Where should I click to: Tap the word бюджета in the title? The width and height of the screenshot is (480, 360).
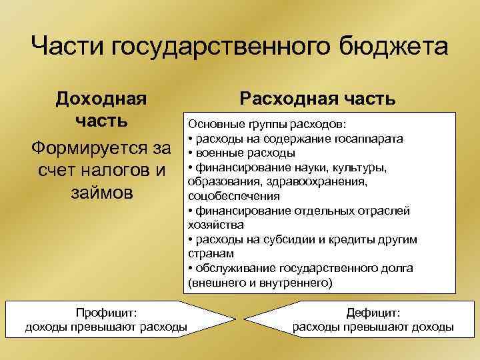tap(393, 47)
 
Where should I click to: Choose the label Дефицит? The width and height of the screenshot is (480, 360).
tap(373, 313)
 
